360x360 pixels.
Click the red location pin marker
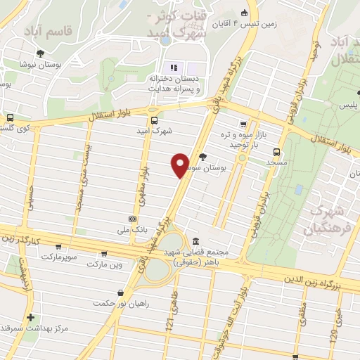180,165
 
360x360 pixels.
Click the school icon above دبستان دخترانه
171,67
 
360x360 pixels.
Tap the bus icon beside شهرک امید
154,119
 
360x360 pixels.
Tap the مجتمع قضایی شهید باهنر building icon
195,240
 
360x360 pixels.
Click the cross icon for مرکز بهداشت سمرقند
30,317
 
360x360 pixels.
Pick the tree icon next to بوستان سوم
203,156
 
